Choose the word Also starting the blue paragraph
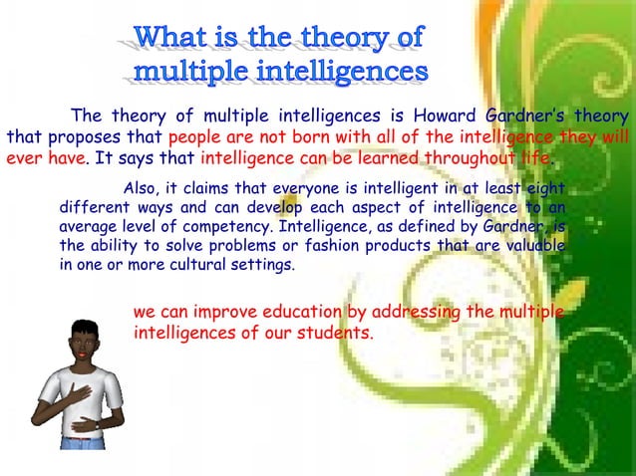click(x=138, y=189)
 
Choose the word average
click(x=88, y=228)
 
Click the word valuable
click(x=533, y=247)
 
